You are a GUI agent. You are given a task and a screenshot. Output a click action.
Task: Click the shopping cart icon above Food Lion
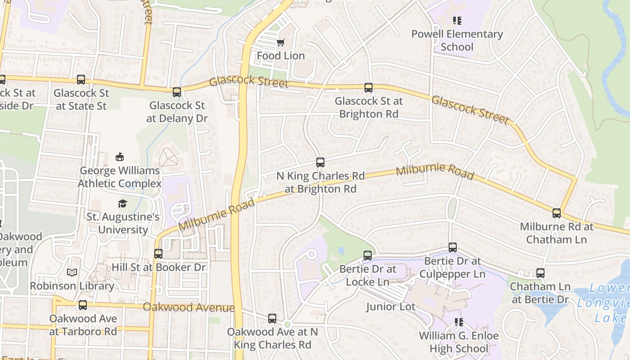(280, 43)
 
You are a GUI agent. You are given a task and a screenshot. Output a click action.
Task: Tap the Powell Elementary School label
(457, 40)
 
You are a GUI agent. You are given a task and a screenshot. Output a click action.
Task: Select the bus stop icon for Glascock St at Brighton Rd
(369, 88)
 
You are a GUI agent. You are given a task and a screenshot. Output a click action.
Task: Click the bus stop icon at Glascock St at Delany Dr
(177, 92)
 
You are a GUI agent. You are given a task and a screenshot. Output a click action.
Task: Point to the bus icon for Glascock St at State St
(81, 80)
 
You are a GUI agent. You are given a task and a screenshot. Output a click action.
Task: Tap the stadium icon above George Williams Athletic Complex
(120, 157)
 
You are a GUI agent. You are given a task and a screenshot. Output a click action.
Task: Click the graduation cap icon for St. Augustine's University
(122, 204)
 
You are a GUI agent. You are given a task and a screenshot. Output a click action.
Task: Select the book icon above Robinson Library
(72, 272)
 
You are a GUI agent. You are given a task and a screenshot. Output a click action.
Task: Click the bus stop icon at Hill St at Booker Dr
(158, 253)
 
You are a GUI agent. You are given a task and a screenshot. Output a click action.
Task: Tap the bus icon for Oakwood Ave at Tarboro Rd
(83, 305)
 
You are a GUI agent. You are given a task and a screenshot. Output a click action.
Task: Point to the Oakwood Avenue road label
(189, 307)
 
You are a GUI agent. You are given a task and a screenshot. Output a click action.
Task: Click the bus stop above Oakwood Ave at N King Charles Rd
(272, 319)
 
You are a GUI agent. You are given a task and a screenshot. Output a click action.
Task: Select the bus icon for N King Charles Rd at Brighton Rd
(320, 162)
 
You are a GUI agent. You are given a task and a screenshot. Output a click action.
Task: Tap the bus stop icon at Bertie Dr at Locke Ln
(368, 256)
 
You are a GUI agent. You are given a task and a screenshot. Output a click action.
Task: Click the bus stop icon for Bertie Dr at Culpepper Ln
(453, 247)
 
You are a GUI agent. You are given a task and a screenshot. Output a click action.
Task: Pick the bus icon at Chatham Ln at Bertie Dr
(540, 273)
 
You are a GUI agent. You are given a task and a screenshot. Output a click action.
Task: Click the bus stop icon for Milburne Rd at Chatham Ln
(557, 213)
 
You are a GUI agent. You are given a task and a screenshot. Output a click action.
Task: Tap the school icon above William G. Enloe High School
(459, 322)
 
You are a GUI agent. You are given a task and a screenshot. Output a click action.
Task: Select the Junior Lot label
(390, 307)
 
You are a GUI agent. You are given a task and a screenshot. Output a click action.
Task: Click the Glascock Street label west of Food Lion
(249, 82)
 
